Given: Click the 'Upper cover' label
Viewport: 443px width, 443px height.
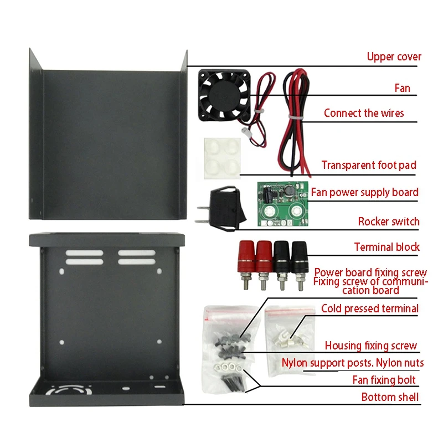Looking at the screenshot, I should click(x=394, y=56).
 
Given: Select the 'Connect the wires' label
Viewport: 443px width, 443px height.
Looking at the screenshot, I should click(x=364, y=114).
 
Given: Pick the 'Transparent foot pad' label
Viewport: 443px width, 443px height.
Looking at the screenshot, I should click(x=369, y=165).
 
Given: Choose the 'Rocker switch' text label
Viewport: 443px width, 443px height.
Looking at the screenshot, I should click(x=389, y=222).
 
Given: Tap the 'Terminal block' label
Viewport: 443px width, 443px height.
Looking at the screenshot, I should click(x=387, y=248).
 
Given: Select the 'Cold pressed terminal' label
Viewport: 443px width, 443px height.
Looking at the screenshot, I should click(x=370, y=308).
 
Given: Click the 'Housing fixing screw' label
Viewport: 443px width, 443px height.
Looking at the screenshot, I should click(x=370, y=346).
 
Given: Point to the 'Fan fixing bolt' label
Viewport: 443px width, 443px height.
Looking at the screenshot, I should click(x=384, y=380).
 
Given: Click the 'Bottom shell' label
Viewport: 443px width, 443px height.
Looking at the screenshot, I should click(x=390, y=397).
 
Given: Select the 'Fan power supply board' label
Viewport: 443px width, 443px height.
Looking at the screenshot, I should click(x=364, y=193).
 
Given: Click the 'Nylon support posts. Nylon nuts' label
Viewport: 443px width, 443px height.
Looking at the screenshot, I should click(x=353, y=363).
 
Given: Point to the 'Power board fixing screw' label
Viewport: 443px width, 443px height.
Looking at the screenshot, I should click(x=370, y=272).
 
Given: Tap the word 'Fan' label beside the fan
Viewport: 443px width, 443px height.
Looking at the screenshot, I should click(x=403, y=88).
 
